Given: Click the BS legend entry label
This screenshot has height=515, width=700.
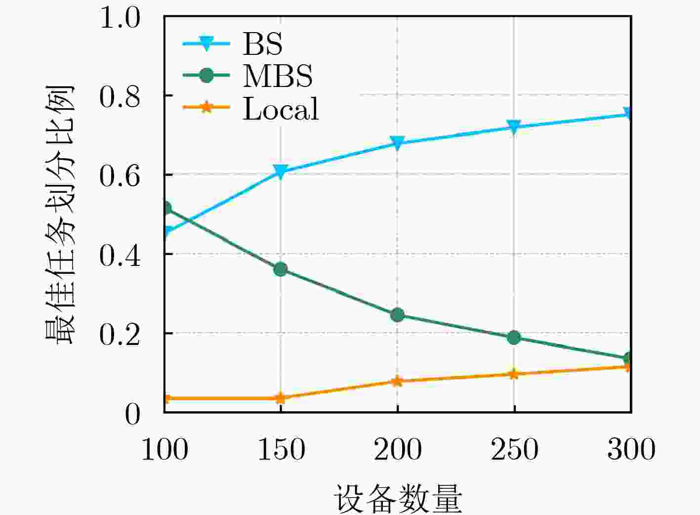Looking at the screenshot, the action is point(262,44).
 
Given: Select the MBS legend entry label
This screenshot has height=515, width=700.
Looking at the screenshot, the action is point(278,76).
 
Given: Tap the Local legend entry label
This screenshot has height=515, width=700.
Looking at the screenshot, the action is point(281,109).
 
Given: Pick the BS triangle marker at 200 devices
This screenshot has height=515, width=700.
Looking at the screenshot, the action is point(397,142).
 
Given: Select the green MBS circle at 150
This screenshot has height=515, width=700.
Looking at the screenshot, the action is point(281,269).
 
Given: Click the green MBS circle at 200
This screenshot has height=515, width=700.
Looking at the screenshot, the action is point(397,314).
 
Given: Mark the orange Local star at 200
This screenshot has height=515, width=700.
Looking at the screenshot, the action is point(397,381).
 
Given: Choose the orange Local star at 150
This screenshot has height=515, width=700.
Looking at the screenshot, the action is point(281,398).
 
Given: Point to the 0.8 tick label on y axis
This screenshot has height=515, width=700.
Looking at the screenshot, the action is point(120,96).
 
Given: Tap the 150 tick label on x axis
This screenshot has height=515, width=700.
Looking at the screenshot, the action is point(281,449).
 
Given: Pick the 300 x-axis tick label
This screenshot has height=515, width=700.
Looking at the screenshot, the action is point(631,449).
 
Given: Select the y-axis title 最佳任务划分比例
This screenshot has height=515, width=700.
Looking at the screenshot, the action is point(59,215).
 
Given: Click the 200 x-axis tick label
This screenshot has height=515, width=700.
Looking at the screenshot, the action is point(398,449).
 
